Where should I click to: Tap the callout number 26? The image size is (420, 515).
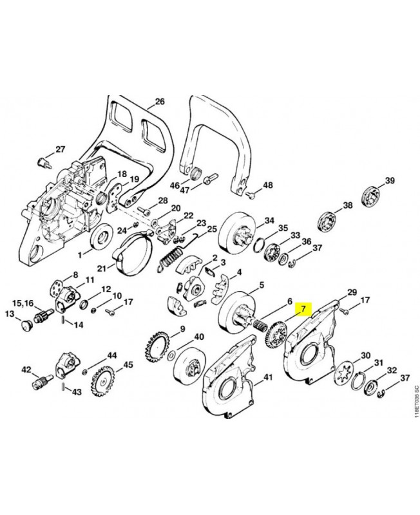tap(160, 102)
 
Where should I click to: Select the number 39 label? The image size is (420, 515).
tap(390, 180)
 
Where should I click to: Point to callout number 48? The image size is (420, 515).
tap(267, 185)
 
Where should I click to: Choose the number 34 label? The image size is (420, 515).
tap(269, 220)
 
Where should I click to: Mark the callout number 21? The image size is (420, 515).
tap(102, 268)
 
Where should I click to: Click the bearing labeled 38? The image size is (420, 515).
tap(329, 220)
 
